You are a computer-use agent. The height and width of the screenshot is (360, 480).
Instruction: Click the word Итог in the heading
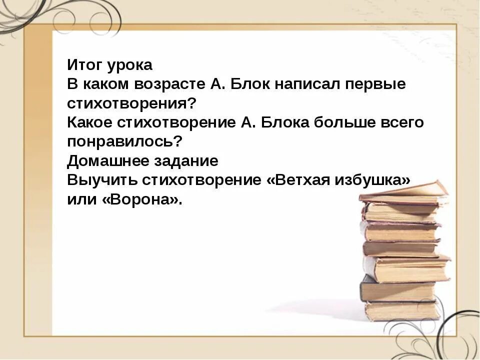pos(84,65)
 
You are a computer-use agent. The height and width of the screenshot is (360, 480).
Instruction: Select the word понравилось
pos(124,141)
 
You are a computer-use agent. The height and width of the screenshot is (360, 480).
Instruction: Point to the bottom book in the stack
pos(402,310)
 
